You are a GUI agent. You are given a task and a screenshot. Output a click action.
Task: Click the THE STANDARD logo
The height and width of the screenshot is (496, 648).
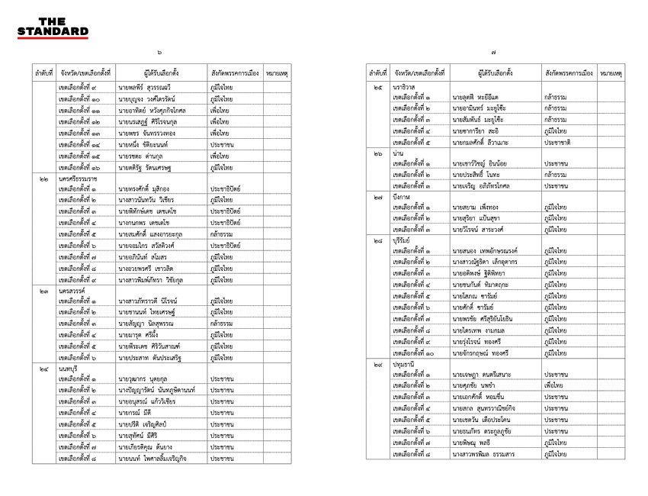coord(53,27)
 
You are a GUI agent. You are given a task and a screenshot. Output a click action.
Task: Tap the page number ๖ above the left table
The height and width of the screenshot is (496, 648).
coord(160,53)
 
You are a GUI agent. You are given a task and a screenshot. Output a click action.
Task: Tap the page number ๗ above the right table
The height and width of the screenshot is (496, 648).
coord(494,53)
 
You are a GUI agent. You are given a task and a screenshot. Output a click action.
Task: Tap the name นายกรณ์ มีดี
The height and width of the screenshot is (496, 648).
coord(135,412)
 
